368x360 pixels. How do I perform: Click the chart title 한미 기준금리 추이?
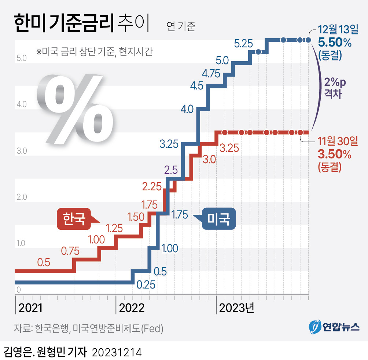point(81,24)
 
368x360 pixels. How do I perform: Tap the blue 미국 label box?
point(218,219)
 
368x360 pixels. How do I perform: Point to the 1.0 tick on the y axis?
point(22,243)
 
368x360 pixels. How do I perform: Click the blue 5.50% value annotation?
point(335,43)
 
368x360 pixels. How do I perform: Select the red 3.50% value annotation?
point(335,154)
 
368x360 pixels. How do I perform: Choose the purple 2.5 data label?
point(171,170)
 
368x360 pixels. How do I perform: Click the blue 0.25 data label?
point(146,284)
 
